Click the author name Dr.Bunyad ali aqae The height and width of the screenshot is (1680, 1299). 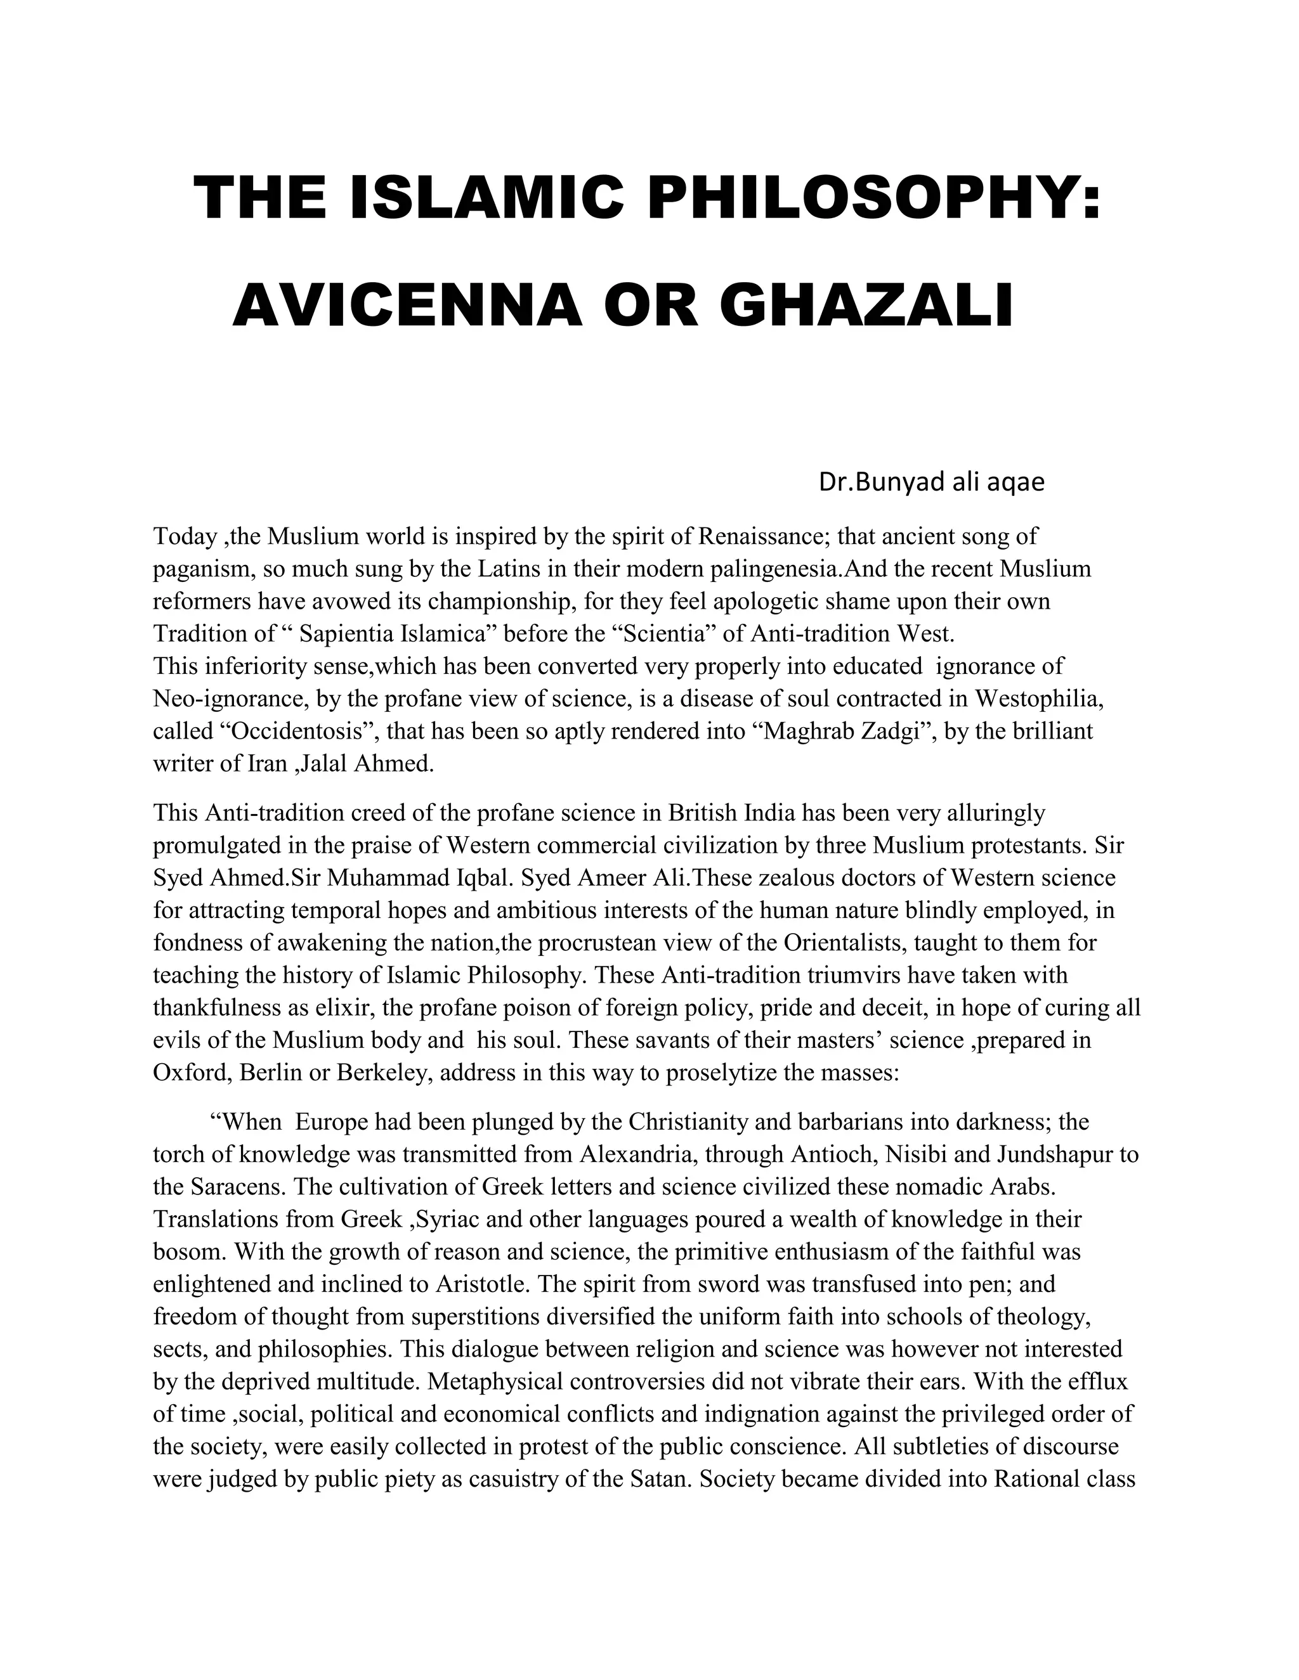(931, 482)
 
